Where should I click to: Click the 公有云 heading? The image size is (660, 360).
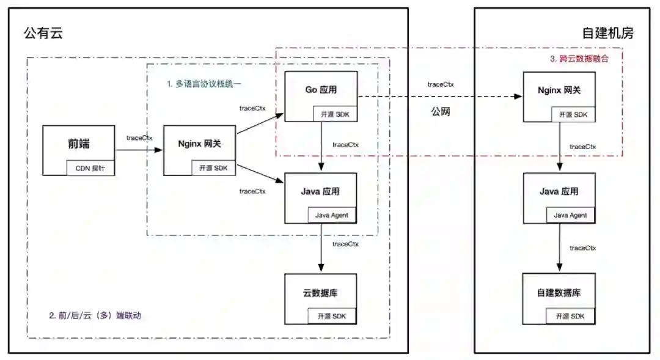(x=43, y=33)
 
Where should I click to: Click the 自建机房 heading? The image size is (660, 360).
(x=607, y=33)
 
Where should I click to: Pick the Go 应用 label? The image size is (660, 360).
(x=321, y=90)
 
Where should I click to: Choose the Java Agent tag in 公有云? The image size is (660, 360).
(x=331, y=215)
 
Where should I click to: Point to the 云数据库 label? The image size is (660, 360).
(x=320, y=293)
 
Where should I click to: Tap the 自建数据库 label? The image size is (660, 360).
(x=559, y=293)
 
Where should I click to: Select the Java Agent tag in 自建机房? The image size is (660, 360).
(x=570, y=215)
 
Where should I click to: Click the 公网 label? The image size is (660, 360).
(x=440, y=112)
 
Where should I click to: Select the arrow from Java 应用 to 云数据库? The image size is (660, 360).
(x=321, y=248)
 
